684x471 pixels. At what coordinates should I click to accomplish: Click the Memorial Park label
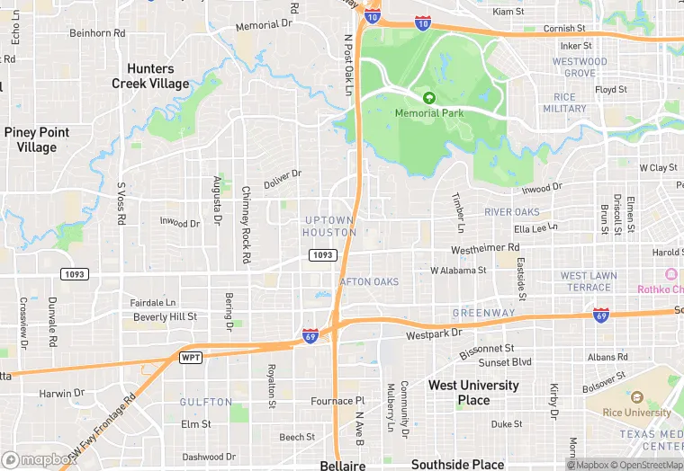pos(429,113)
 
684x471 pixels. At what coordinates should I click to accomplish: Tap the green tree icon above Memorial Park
pos(429,97)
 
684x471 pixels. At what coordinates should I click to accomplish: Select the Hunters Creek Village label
pos(150,76)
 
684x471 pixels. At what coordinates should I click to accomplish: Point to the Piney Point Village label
pos(36,139)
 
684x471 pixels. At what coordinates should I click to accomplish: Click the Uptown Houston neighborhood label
pos(329,227)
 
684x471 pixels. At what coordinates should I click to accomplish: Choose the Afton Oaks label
pos(369,282)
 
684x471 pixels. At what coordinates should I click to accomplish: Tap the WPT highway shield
pos(191,358)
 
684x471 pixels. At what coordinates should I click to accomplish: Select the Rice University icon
pos(637,397)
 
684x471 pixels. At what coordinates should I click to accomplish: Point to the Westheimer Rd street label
pos(485,247)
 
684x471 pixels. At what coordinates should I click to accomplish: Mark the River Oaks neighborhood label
pos(511,212)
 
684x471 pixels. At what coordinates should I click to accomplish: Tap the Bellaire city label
pos(342,466)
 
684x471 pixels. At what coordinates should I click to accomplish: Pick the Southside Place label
pos(457,465)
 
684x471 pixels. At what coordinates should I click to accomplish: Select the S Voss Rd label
pos(121,205)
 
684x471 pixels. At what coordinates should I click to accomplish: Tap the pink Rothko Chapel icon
pos(670,274)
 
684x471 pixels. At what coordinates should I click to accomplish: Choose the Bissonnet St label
pos(486,347)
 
